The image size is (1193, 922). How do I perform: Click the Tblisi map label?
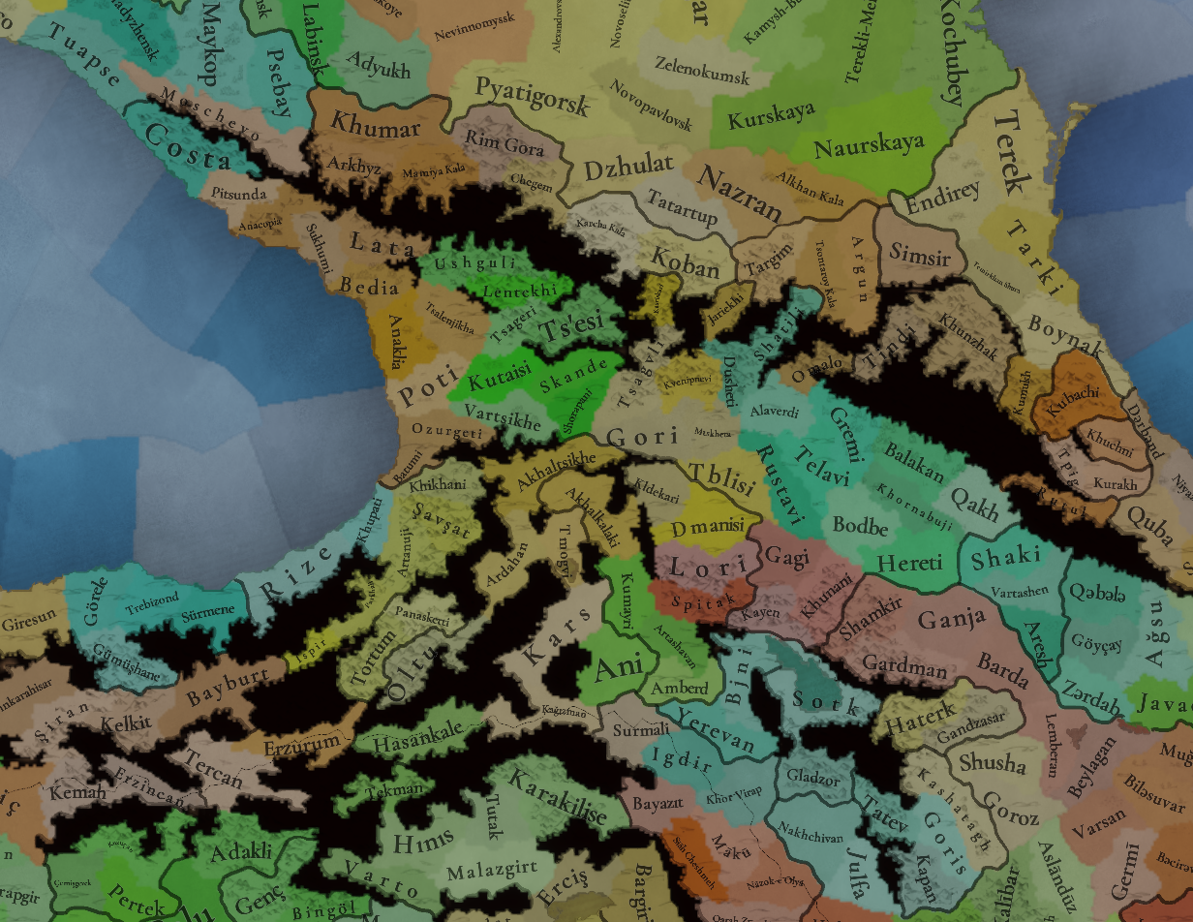click(x=720, y=476)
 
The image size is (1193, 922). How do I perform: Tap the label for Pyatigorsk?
click(x=532, y=95)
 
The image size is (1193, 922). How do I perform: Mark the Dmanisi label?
click(x=707, y=529)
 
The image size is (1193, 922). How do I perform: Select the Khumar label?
click(x=376, y=126)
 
